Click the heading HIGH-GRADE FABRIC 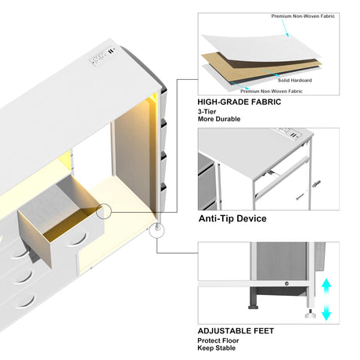tap(239, 102)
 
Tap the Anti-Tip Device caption tap(232, 218)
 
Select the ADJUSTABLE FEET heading tap(236, 331)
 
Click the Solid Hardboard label tap(295, 81)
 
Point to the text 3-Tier tap(207, 112)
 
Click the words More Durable tap(219, 119)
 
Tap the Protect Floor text tap(218, 340)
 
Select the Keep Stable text tap(217, 347)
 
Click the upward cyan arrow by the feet tap(326, 287)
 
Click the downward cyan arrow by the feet tap(326, 312)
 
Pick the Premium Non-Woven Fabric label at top tap(303, 16)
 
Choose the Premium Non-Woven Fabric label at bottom tap(272, 92)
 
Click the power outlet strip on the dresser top tap(103, 56)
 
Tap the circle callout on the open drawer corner tap(104, 211)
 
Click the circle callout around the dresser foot tap(157, 230)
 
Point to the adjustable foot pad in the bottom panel tap(311, 315)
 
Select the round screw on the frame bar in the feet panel tap(286, 283)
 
